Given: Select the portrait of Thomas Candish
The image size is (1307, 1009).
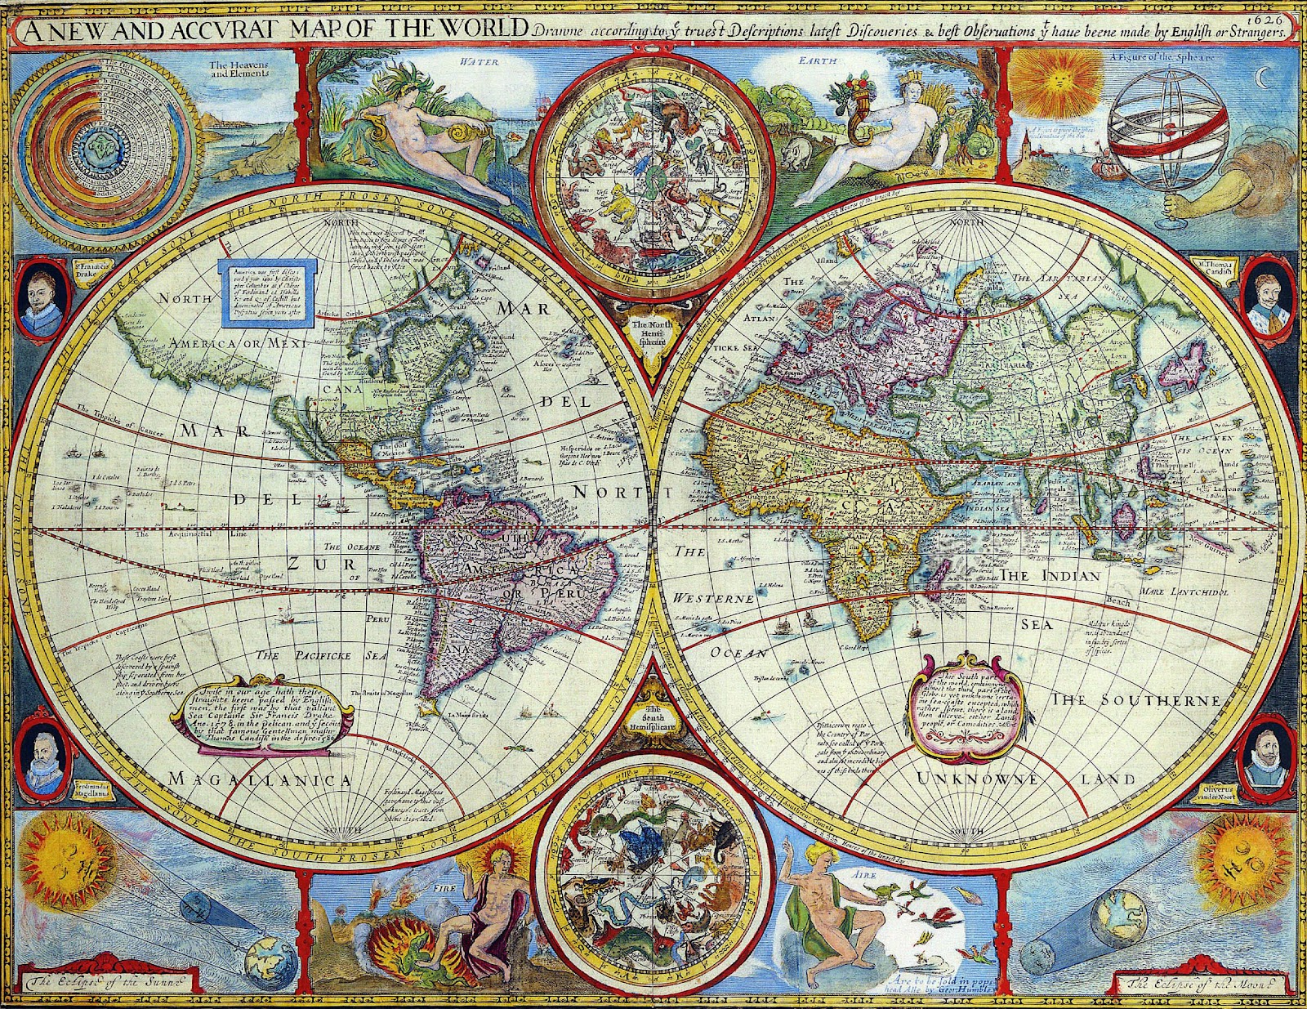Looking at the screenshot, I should tap(1265, 298).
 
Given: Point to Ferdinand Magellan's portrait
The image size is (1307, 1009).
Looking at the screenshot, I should tap(42, 757).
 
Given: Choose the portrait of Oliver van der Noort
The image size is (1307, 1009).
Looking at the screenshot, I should tap(1265, 756).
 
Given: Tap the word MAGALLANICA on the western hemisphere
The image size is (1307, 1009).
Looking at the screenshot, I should tap(259, 780).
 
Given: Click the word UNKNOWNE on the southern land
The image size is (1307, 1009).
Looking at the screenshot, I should tap(977, 778).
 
